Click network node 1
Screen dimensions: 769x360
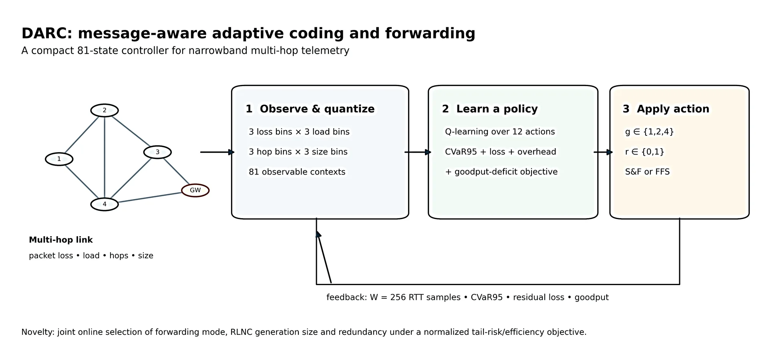59,159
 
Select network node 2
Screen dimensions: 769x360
105,110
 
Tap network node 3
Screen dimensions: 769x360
157,152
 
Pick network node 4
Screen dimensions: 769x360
105,204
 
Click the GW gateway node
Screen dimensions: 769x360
195,190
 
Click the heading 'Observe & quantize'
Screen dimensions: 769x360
317,109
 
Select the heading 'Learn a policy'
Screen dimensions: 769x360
497,109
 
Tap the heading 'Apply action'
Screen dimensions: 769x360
673,109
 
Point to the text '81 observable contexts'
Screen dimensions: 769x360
297,172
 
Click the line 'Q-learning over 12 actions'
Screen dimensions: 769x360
500,132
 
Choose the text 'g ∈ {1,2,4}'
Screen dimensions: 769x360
649,132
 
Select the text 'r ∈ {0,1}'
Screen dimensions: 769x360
644,152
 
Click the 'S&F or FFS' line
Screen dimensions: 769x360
647,172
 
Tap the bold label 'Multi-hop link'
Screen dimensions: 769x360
61,240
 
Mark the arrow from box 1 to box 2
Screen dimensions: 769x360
418,152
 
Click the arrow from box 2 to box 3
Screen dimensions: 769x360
603,152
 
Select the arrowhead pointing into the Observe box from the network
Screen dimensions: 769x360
231,152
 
